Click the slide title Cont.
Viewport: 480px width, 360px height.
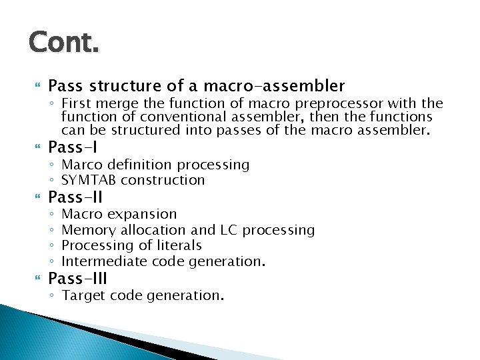pyautogui.click(x=64, y=43)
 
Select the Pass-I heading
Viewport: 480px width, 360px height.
pyautogui.click(x=73, y=147)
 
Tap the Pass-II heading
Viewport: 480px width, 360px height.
pyautogui.click(x=75, y=197)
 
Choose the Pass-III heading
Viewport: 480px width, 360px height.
pyautogui.click(x=78, y=278)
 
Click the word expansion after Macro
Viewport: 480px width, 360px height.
pyautogui.click(x=142, y=215)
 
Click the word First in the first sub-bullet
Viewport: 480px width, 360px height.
pyautogui.click(x=76, y=103)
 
